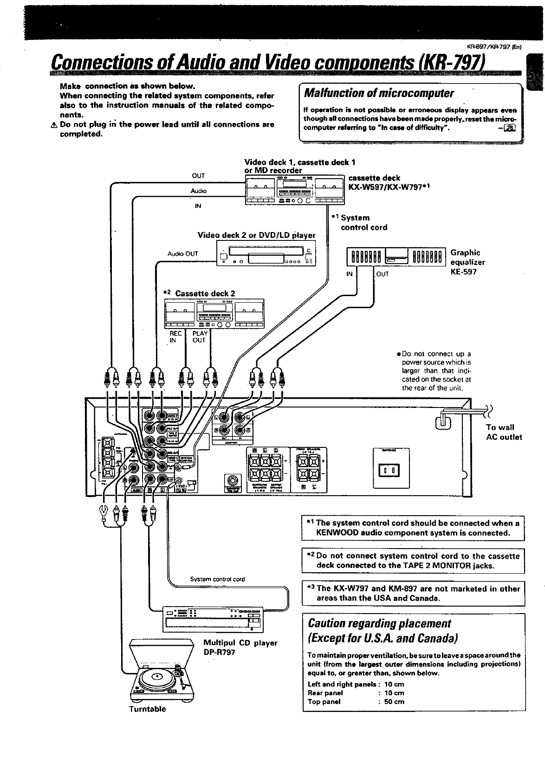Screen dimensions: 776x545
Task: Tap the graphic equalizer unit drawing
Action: pyautogui.click(x=396, y=258)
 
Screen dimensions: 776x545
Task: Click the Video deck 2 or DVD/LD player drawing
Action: pyautogui.click(x=266, y=253)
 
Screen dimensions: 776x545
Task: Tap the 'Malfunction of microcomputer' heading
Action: pyautogui.click(x=378, y=93)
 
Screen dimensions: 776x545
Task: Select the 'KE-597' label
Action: pyautogui.click(x=461, y=272)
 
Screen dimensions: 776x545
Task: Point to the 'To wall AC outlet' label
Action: pyautogui.click(x=504, y=432)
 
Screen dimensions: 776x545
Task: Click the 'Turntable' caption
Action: pyautogui.click(x=147, y=709)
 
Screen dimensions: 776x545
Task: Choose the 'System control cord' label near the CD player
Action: pyautogui.click(x=217, y=579)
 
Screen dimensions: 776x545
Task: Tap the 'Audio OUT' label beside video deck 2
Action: pyautogui.click(x=182, y=253)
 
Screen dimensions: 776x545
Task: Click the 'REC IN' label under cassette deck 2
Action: pyautogui.click(x=175, y=336)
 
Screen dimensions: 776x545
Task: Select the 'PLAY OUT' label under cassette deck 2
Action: pyautogui.click(x=200, y=336)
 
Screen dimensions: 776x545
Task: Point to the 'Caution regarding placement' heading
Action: pyautogui.click(x=377, y=623)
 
